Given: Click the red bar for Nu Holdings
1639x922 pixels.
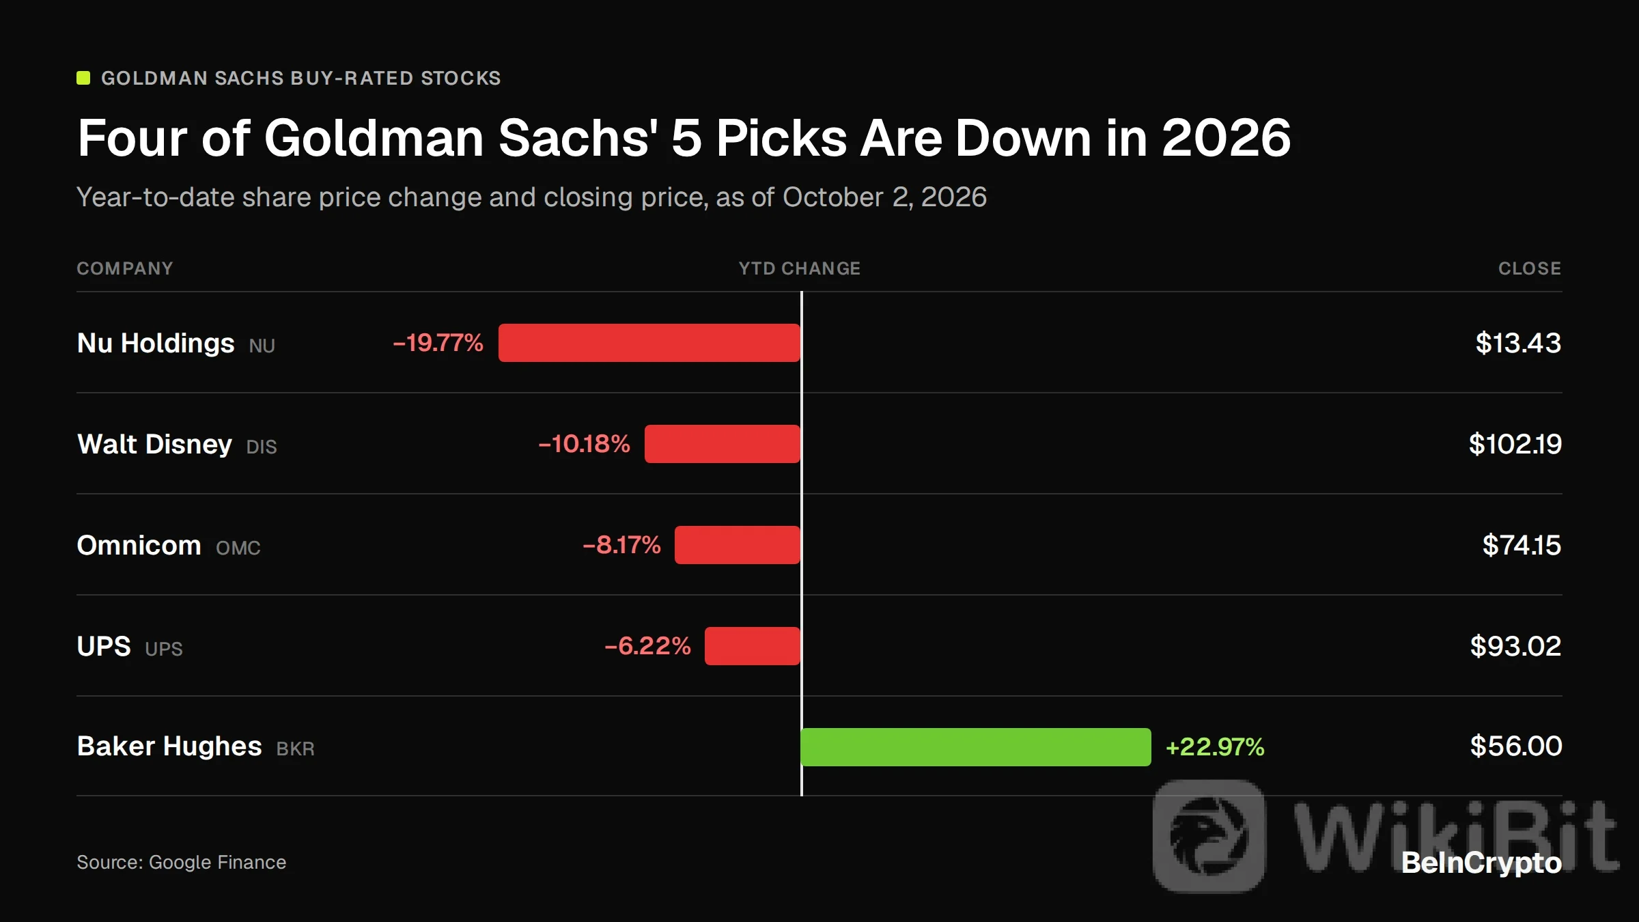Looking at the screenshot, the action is click(x=649, y=343).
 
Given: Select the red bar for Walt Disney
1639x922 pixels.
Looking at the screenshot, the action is click(x=723, y=444).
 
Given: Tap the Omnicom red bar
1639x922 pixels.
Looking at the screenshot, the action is click(x=738, y=545).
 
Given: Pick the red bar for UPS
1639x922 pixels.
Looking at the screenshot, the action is click(x=753, y=646).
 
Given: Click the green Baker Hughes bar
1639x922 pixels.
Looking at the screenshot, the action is click(x=976, y=747).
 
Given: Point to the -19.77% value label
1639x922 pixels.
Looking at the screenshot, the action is click(x=438, y=343).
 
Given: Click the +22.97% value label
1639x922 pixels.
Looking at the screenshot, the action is click(x=1215, y=747).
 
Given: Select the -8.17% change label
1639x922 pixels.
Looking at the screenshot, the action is click(x=621, y=545).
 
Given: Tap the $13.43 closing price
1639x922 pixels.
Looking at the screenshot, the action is click(x=1518, y=343).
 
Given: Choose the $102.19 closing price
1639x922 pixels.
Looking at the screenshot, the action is click(x=1515, y=444).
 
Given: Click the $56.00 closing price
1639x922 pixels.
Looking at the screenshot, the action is click(x=1516, y=746).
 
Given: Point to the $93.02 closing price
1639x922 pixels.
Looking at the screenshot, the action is click(x=1516, y=646).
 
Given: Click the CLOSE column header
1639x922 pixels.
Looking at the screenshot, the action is click(x=1530, y=268).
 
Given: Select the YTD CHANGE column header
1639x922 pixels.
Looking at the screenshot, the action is click(x=800, y=268).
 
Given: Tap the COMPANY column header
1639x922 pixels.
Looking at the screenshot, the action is click(x=125, y=268).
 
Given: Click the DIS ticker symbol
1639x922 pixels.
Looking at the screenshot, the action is click(x=262, y=447).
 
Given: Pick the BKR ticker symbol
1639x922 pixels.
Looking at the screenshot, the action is click(x=296, y=749).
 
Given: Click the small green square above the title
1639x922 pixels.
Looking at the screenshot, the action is click(x=83, y=78).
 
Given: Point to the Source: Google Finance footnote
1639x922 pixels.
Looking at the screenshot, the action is click(x=182, y=863).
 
